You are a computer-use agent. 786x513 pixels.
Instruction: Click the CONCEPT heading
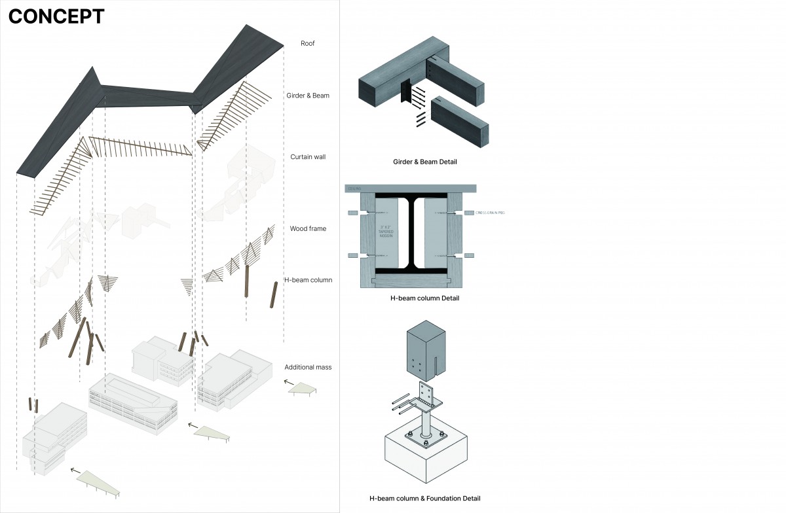tap(56, 17)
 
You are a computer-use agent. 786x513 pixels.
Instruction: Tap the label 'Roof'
tap(308, 44)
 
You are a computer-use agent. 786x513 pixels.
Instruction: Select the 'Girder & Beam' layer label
tap(307, 96)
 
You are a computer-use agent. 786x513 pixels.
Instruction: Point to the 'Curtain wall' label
tap(308, 157)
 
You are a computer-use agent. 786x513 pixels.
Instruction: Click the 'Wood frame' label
tap(308, 229)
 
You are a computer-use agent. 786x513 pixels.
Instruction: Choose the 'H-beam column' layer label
tap(308, 280)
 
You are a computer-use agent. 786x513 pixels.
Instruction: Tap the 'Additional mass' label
tap(308, 367)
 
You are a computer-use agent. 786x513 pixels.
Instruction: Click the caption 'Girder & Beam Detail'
tap(424, 162)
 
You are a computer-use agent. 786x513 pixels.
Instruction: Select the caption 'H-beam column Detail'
tap(424, 298)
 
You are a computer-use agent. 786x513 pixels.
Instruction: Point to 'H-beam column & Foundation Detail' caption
tap(424, 499)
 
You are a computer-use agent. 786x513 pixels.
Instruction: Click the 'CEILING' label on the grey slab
tap(354, 188)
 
